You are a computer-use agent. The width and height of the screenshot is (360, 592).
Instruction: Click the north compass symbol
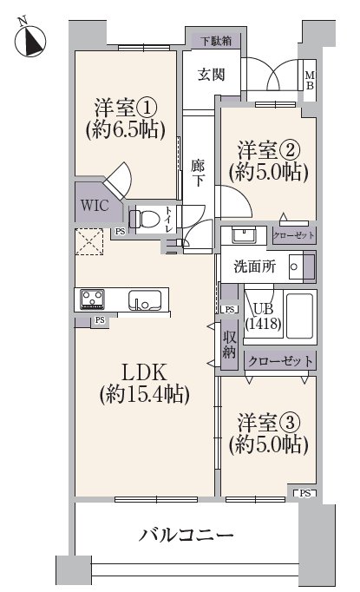point(30,39)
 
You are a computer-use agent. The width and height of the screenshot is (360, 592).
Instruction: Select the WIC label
point(95,206)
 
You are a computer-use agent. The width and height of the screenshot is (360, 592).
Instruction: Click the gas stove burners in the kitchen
point(92,299)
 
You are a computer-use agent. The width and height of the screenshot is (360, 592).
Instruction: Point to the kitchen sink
point(144,300)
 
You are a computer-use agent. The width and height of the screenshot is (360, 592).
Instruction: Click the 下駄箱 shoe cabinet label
point(216,41)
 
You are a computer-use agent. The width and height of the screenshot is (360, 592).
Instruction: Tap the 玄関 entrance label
point(212,75)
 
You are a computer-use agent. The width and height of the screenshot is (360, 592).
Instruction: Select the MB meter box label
point(310,81)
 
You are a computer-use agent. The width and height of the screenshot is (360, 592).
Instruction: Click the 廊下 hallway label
point(198,173)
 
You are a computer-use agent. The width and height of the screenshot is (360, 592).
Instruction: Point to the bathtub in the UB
point(299,316)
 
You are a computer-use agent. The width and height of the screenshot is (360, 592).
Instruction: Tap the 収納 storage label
point(229,345)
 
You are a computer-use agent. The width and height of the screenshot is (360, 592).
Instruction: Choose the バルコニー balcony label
point(187,535)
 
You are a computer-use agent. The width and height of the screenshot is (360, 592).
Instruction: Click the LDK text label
point(144,372)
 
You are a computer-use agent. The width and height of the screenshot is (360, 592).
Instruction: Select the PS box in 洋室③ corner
point(305,493)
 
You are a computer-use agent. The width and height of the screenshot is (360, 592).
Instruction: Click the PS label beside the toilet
point(120,232)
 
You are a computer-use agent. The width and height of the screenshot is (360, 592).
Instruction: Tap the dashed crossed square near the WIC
point(89,241)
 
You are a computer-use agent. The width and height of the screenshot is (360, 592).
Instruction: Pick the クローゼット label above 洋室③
point(280,361)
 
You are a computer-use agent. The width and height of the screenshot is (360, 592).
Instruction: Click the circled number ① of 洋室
point(146,109)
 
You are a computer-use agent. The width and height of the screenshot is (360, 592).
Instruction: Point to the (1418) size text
point(263,324)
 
